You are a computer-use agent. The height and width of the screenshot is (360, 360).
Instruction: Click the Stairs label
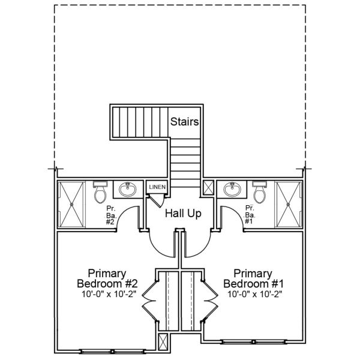click(x=184, y=122)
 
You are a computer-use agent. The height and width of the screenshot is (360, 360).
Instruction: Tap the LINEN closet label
click(x=157, y=187)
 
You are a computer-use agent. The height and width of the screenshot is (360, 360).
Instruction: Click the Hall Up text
click(x=183, y=214)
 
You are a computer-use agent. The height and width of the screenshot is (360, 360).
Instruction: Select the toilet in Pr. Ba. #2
click(x=100, y=192)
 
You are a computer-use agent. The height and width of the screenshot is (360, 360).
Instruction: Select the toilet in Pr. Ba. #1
click(x=259, y=192)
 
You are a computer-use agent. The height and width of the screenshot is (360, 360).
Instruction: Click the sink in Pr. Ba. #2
click(x=128, y=190)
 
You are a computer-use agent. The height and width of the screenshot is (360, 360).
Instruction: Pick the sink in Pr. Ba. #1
click(x=232, y=190)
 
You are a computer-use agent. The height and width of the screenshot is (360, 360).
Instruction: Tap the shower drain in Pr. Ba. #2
click(x=71, y=204)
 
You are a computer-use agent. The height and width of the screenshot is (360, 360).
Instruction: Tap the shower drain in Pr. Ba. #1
click(x=289, y=204)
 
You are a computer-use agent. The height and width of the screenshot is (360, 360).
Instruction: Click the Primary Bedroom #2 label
click(x=107, y=278)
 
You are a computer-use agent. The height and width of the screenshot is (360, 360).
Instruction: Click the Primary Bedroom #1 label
click(x=253, y=278)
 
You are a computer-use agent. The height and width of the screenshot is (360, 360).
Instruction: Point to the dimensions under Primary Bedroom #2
click(x=109, y=294)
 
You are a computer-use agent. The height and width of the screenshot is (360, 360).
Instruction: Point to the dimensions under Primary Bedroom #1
click(x=254, y=294)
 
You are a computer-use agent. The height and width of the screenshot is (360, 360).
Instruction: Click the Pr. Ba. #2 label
click(x=112, y=215)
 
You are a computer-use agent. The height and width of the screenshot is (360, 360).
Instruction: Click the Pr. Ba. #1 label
click(x=250, y=214)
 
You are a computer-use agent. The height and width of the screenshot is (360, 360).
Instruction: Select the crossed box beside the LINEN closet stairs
click(x=209, y=188)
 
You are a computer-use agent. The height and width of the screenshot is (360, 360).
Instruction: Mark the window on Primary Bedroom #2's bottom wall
click(x=112, y=351)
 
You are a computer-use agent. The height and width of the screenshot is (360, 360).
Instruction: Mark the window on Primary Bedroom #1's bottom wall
click(x=253, y=342)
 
